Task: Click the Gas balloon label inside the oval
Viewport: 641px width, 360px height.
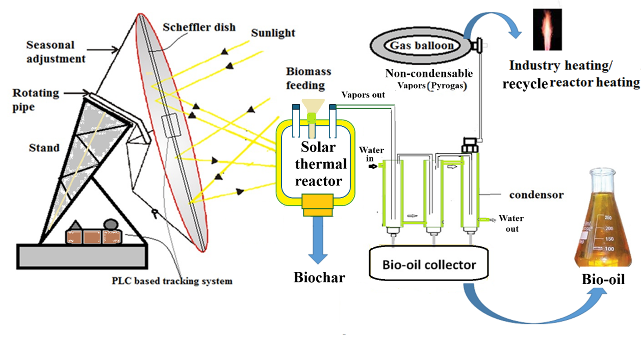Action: click(421, 45)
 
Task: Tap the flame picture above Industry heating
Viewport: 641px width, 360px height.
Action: click(547, 29)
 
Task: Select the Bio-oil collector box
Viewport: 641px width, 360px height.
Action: click(429, 264)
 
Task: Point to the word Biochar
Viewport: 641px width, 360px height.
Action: click(319, 277)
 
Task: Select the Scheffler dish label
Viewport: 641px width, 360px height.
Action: click(199, 27)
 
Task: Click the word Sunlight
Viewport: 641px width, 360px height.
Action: click(273, 33)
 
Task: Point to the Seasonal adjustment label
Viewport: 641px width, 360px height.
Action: click(55, 52)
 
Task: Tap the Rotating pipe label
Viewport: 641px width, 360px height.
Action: click(36, 99)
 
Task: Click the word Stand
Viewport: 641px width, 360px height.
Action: click(44, 148)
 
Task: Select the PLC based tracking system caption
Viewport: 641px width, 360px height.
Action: click(172, 281)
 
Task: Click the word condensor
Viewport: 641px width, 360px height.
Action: click(536, 195)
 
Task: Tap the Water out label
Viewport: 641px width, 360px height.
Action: click(511, 223)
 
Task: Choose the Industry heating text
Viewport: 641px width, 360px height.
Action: click(560, 66)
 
